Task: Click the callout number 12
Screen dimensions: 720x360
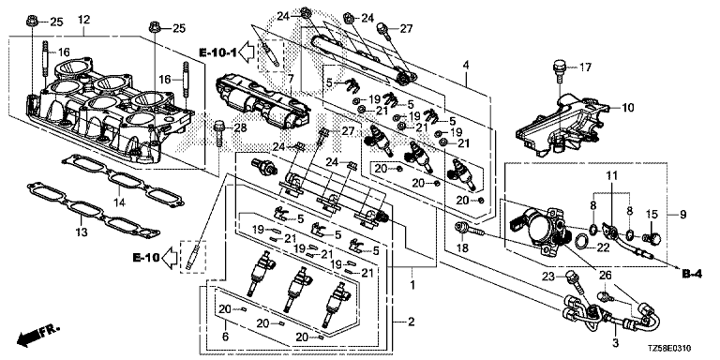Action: click(84, 21)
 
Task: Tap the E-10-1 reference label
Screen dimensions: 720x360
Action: click(217, 52)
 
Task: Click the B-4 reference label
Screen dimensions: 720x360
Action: click(692, 275)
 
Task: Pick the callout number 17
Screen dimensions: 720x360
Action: click(585, 67)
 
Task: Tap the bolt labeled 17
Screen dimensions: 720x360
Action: click(560, 68)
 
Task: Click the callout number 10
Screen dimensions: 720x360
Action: click(627, 108)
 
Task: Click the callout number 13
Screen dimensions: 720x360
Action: click(82, 232)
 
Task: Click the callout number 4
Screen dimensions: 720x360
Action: click(466, 65)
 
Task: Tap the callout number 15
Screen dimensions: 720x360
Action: click(652, 214)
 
